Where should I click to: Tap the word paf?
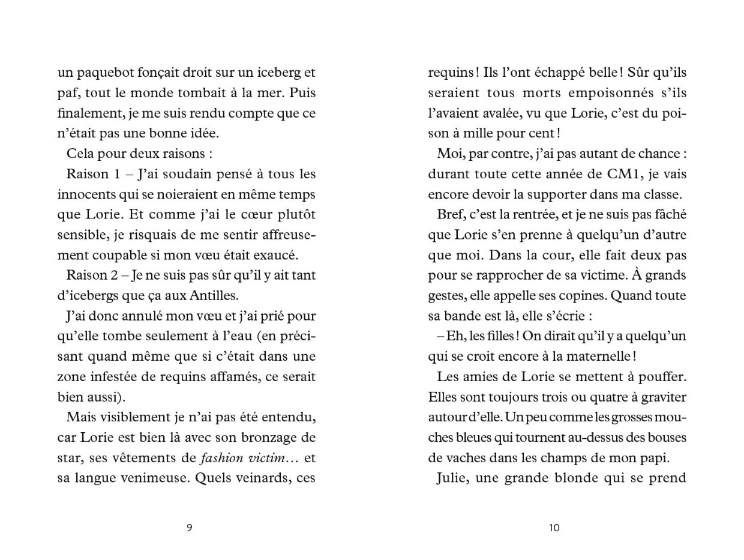tap(67, 94)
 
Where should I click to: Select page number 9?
tap(190, 528)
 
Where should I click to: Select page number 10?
tap(554, 528)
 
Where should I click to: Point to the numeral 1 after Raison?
tap(117, 174)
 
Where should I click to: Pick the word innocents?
tap(85, 194)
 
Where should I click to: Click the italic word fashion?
tap(221, 458)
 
